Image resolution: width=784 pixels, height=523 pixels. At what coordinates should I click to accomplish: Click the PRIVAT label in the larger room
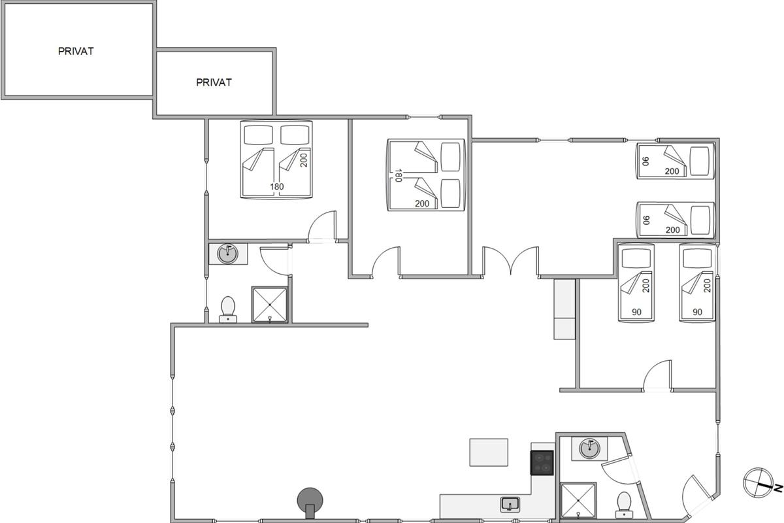pyautogui.click(x=76, y=51)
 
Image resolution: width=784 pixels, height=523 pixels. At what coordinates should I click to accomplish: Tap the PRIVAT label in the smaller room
pyautogui.click(x=214, y=82)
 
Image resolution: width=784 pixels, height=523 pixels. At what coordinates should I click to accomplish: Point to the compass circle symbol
pyautogui.click(x=758, y=482)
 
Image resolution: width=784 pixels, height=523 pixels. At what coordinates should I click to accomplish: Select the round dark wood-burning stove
pyautogui.click(x=310, y=503)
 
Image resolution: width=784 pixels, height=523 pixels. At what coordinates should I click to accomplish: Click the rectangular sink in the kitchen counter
pyautogui.click(x=510, y=505)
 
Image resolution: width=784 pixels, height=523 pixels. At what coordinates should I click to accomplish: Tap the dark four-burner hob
pyautogui.click(x=542, y=463)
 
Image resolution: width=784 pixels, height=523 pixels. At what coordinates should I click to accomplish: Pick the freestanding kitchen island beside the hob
pyautogui.click(x=489, y=452)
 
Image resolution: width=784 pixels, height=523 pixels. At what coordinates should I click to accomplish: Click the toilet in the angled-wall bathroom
pyautogui.click(x=624, y=505)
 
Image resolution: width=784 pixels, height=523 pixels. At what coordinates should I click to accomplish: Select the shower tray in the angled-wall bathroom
pyautogui.click(x=578, y=500)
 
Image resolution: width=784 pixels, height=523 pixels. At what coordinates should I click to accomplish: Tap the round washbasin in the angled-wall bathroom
pyautogui.click(x=590, y=448)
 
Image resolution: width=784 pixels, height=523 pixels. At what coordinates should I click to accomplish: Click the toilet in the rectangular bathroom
pyautogui.click(x=228, y=309)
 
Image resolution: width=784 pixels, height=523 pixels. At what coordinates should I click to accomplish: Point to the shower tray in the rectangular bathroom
pyautogui.click(x=269, y=305)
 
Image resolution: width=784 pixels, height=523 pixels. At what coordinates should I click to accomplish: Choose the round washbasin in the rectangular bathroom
pyautogui.click(x=227, y=254)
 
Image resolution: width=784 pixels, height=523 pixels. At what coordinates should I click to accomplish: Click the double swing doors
pyautogui.click(x=511, y=261)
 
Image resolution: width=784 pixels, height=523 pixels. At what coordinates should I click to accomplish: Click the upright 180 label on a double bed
pyautogui.click(x=277, y=187)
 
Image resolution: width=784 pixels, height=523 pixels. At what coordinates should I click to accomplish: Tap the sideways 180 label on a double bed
pyautogui.click(x=398, y=175)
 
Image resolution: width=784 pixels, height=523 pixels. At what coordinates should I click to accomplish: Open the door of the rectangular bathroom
pyautogui.click(x=274, y=261)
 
